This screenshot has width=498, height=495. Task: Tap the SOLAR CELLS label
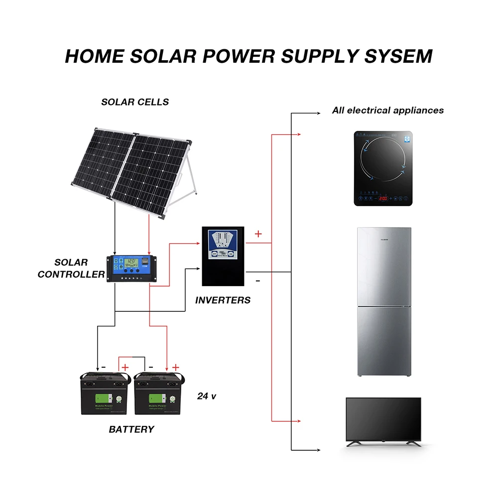point(135,102)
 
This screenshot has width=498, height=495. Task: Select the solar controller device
point(131,268)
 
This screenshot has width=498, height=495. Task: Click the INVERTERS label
point(223,300)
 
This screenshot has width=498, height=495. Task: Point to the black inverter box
point(223,256)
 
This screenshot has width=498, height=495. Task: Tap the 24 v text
point(207,396)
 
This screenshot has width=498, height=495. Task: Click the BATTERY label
point(131,429)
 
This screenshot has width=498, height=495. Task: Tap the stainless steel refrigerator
point(384,301)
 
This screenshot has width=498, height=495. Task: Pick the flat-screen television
point(384,420)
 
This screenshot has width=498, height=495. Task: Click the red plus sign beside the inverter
point(258,233)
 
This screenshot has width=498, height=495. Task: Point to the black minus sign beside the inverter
point(257,281)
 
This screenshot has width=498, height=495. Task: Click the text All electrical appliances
point(387,110)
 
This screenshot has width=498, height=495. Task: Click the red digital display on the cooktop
point(383,198)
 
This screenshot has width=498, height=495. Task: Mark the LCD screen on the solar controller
point(132,261)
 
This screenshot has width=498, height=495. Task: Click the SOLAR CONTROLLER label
point(71,268)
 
